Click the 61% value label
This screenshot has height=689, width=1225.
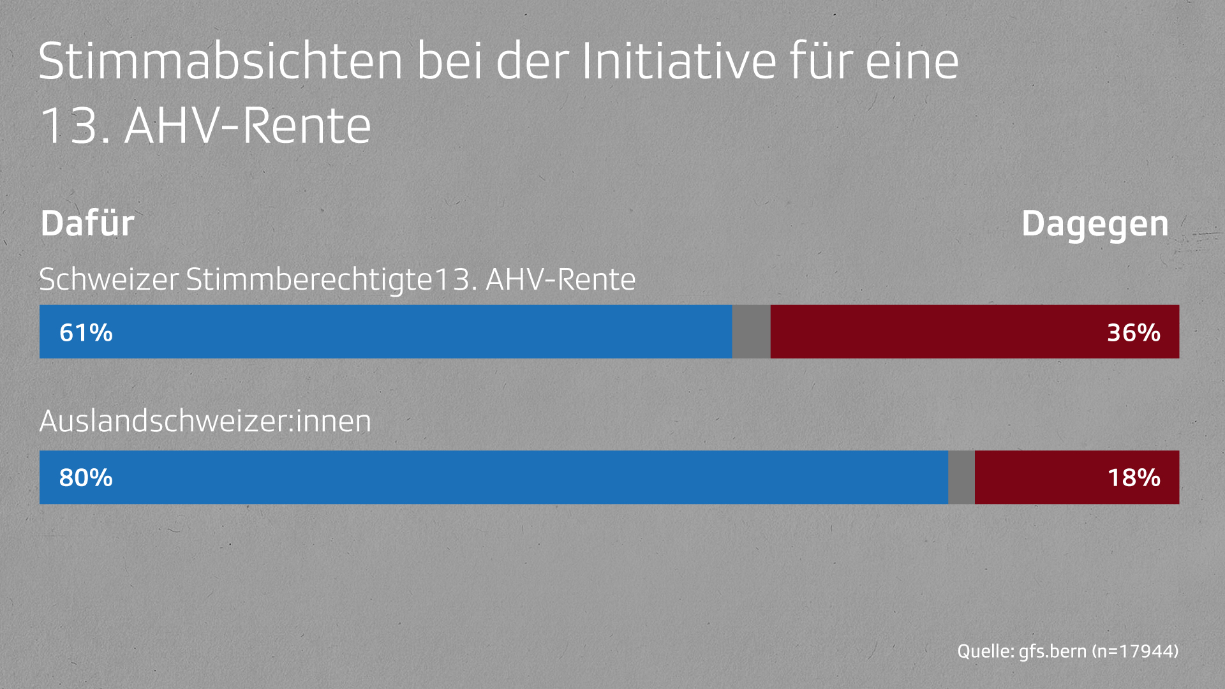[x=85, y=332]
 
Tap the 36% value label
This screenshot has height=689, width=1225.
[x=1133, y=332]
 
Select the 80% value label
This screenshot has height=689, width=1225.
[x=85, y=477]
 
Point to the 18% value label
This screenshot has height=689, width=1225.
[x=1133, y=477]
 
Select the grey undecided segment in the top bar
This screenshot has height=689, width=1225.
[x=751, y=332]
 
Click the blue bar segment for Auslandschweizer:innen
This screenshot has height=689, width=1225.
[x=510, y=477]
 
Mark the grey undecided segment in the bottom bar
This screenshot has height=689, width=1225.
[x=961, y=477]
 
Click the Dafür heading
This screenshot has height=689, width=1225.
[x=87, y=224]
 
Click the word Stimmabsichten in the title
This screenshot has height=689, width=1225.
[x=221, y=62]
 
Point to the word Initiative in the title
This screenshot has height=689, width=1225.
[x=679, y=62]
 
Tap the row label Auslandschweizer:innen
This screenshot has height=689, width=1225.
[x=205, y=421]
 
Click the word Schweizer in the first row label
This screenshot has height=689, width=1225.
[x=108, y=279]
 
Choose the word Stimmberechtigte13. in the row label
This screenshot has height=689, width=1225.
[x=332, y=279]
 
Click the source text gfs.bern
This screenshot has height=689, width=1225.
[x=1052, y=651]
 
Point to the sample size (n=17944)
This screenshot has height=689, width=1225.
[x=1135, y=651]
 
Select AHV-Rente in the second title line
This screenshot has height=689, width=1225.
[x=248, y=126]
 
